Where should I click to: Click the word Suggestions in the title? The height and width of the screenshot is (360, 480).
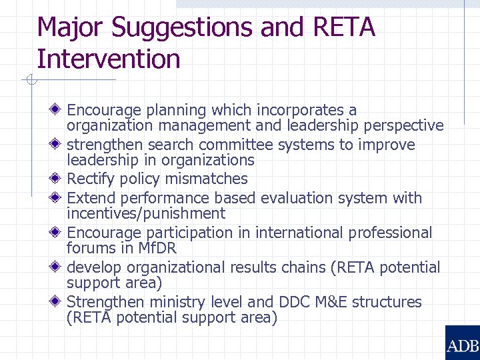tap(181, 28)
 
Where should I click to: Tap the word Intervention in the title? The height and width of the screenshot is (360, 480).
tap(109, 59)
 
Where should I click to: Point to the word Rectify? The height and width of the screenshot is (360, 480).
tap(91, 179)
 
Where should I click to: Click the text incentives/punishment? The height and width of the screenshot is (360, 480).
tap(146, 213)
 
